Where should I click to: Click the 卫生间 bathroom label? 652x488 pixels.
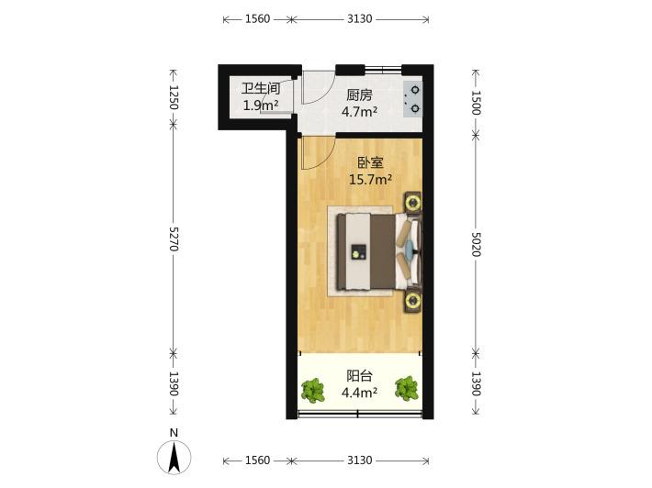pyautogui.click(x=261, y=88)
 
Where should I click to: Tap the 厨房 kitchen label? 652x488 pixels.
pyautogui.click(x=359, y=95)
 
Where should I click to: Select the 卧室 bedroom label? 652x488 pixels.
pyautogui.click(x=370, y=162)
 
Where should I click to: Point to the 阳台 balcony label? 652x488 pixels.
pyautogui.click(x=359, y=376)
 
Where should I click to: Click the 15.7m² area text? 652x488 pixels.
pyautogui.click(x=370, y=180)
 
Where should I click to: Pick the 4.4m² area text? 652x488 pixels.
pyautogui.click(x=359, y=393)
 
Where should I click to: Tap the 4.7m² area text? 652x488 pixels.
pyautogui.click(x=359, y=112)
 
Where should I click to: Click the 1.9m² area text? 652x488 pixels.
pyautogui.click(x=261, y=105)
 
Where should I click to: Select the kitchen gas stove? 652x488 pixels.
pyautogui.click(x=412, y=99)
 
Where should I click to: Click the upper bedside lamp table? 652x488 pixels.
pyautogui.click(x=413, y=203)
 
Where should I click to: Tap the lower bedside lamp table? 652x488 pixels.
pyautogui.click(x=413, y=299)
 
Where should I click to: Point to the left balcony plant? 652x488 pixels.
pyautogui.click(x=313, y=391)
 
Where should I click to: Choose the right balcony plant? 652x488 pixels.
pyautogui.click(x=406, y=388)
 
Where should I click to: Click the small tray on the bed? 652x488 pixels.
pyautogui.click(x=358, y=251)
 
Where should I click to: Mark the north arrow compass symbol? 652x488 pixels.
pyautogui.click(x=174, y=457)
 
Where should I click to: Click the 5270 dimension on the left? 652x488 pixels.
pyautogui.click(x=174, y=238)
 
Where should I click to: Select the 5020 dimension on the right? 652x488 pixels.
pyautogui.click(x=477, y=244)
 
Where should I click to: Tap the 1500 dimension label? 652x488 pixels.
pyautogui.click(x=477, y=103)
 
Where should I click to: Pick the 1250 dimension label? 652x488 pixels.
pyautogui.click(x=174, y=97)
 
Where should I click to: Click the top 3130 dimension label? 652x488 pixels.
pyautogui.click(x=360, y=18)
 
